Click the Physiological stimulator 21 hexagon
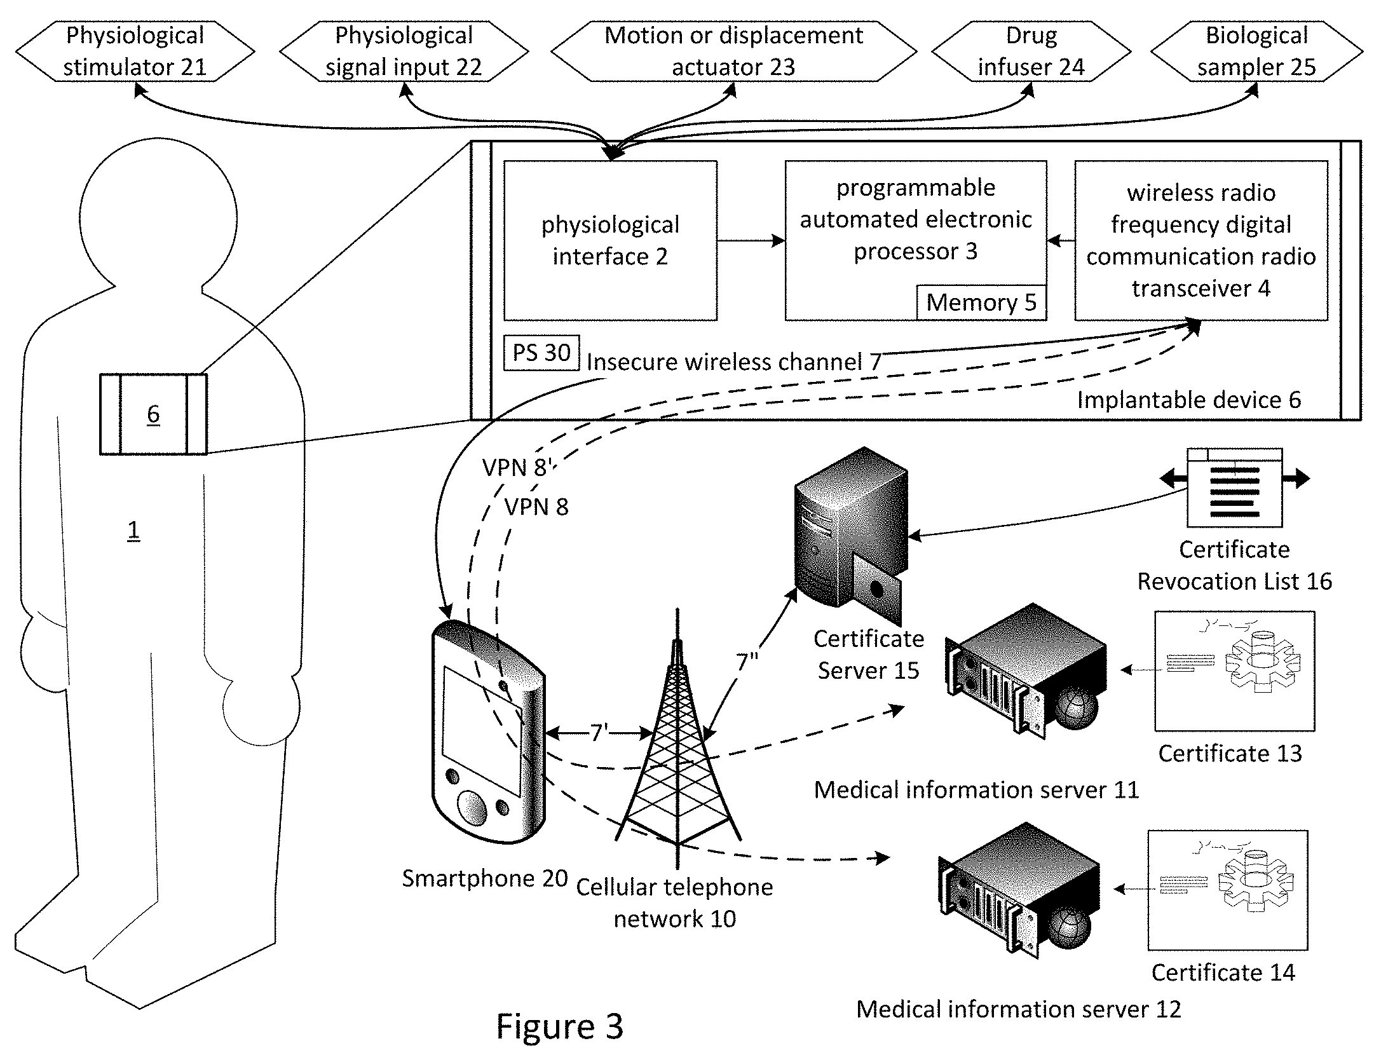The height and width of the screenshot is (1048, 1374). coord(135,51)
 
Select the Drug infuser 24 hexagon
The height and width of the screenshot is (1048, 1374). coord(1031,51)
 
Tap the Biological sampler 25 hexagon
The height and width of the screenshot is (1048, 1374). coord(1256,51)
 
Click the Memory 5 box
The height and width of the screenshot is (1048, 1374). coord(981,303)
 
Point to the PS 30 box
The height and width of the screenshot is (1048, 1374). coord(541,352)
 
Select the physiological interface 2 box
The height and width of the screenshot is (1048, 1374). coord(610,240)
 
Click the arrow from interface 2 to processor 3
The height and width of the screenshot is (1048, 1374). coord(751,241)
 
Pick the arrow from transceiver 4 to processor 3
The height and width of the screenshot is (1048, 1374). coord(1060,241)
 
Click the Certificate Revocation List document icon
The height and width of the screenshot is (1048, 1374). coord(1234,487)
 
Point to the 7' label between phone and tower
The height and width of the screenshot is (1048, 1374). coord(599,733)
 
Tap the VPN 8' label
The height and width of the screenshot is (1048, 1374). coord(515,468)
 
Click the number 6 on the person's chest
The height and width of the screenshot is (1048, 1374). coord(153,414)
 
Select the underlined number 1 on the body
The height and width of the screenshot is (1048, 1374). coord(133,529)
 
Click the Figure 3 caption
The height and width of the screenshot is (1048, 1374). coord(559,1025)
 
